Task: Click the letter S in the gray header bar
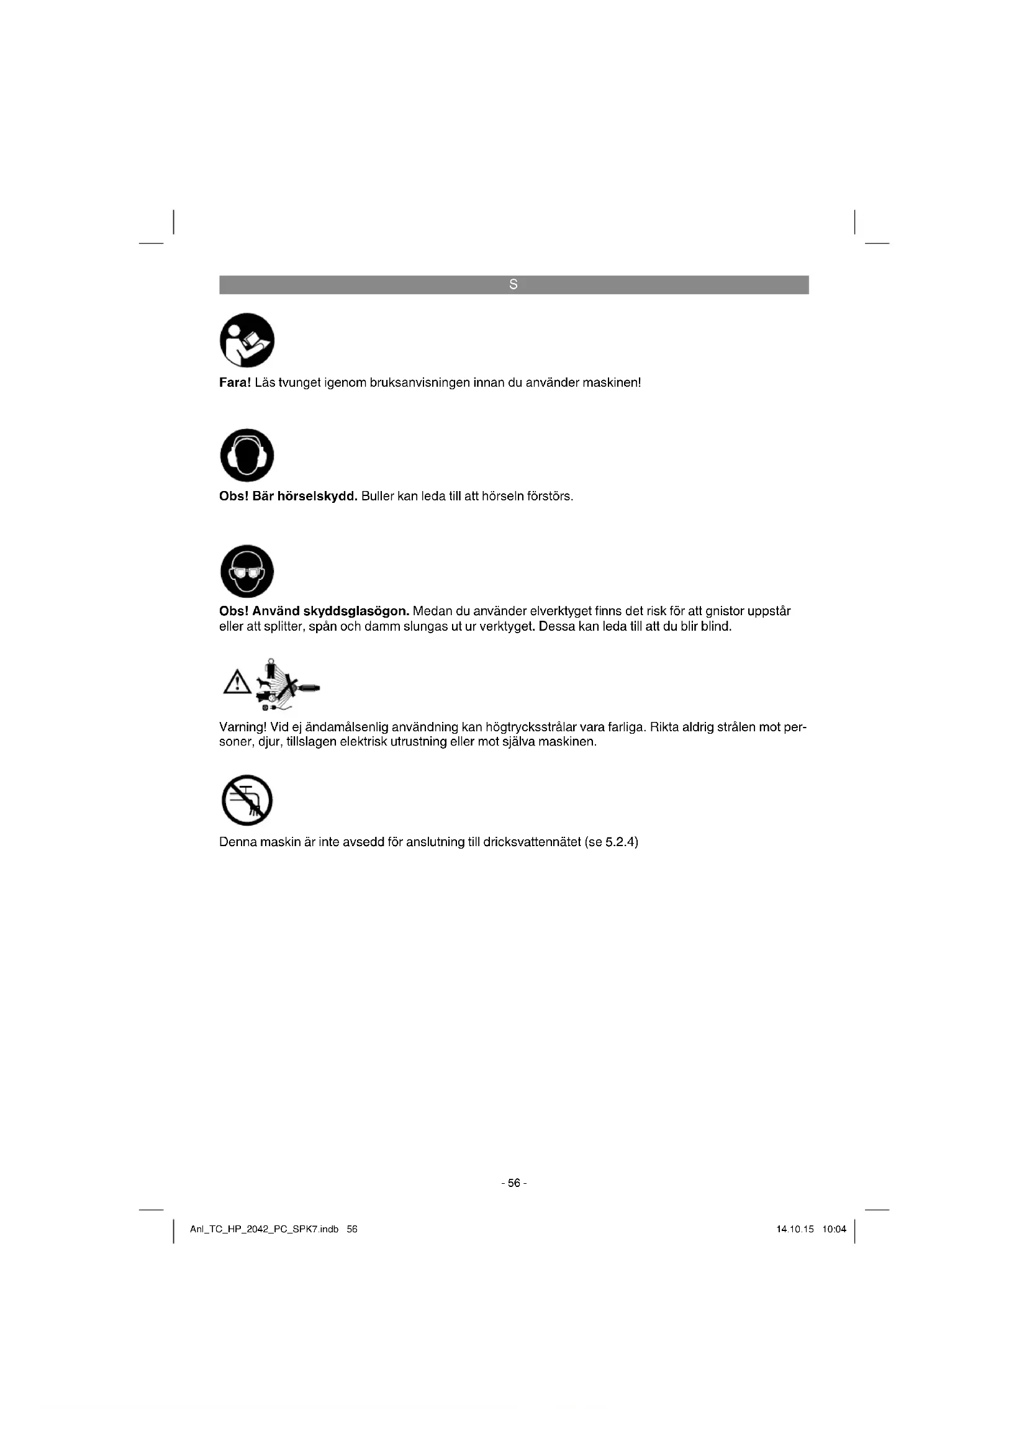click(x=513, y=284)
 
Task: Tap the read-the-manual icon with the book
click(x=247, y=340)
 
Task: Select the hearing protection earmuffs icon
click(x=247, y=455)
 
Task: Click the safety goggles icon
click(x=247, y=571)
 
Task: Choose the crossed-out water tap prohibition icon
click(x=247, y=800)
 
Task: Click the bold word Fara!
click(x=235, y=382)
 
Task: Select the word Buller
click(x=378, y=496)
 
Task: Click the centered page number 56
click(x=513, y=1183)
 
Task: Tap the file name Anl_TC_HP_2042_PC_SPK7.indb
click(x=265, y=1229)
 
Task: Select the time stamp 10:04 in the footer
click(x=834, y=1229)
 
